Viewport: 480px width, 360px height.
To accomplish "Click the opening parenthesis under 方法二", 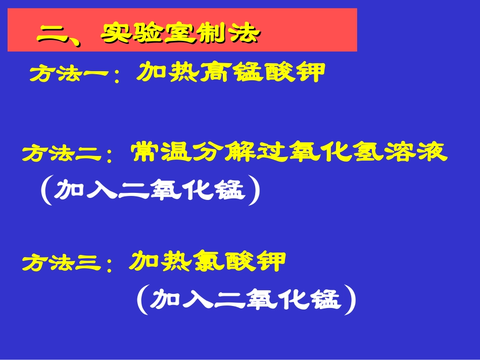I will click(46, 192).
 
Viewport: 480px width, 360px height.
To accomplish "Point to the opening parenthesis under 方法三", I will click(142, 301).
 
